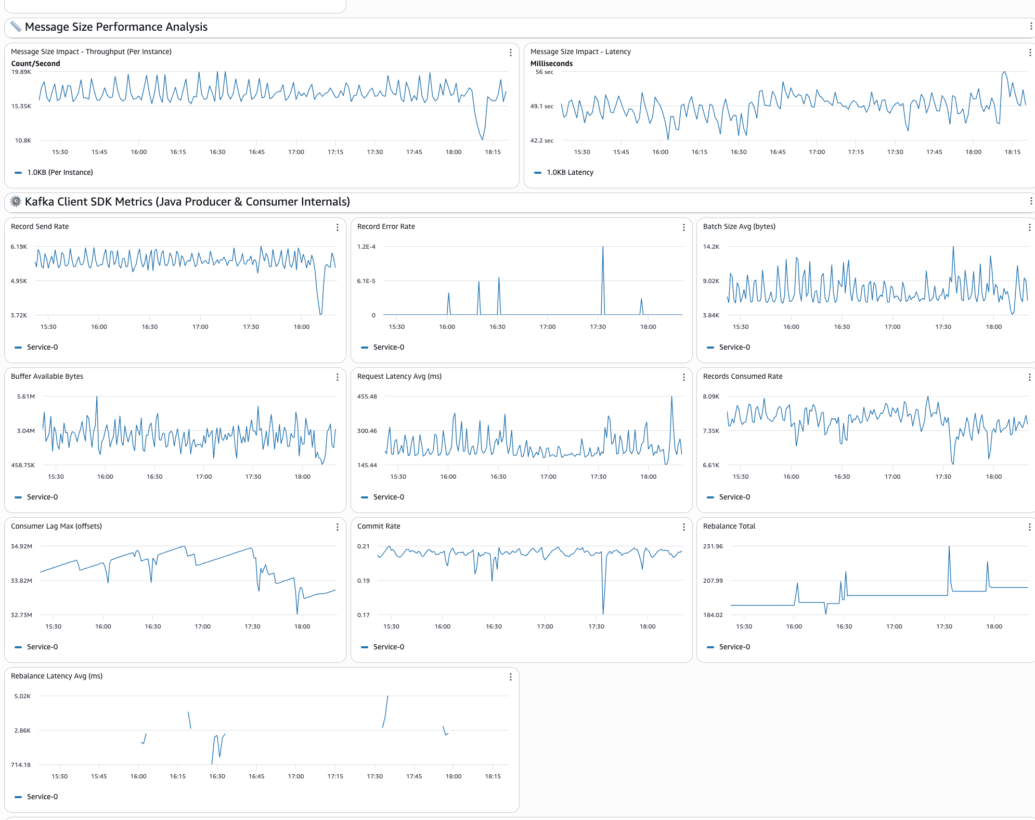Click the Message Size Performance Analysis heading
[x=116, y=27]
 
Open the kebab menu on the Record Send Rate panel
[x=338, y=227]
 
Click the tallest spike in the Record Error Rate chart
[x=603, y=248]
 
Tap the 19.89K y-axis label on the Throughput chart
[x=21, y=72]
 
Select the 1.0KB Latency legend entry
[x=570, y=172]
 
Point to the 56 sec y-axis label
[x=544, y=72]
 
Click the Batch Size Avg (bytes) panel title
[x=739, y=226]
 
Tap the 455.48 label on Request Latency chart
[x=367, y=396]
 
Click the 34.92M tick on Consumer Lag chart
[x=21, y=546]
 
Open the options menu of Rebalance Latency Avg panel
[x=511, y=677]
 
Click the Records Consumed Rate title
[x=742, y=376]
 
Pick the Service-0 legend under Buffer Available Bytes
[x=42, y=497]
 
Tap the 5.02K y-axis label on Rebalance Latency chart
[x=22, y=696]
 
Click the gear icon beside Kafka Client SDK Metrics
[x=16, y=201]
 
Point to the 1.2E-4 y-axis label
[x=366, y=247]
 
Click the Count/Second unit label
[x=35, y=63]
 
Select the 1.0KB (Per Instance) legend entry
[x=60, y=172]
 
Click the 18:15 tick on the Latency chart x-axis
[x=1012, y=152]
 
